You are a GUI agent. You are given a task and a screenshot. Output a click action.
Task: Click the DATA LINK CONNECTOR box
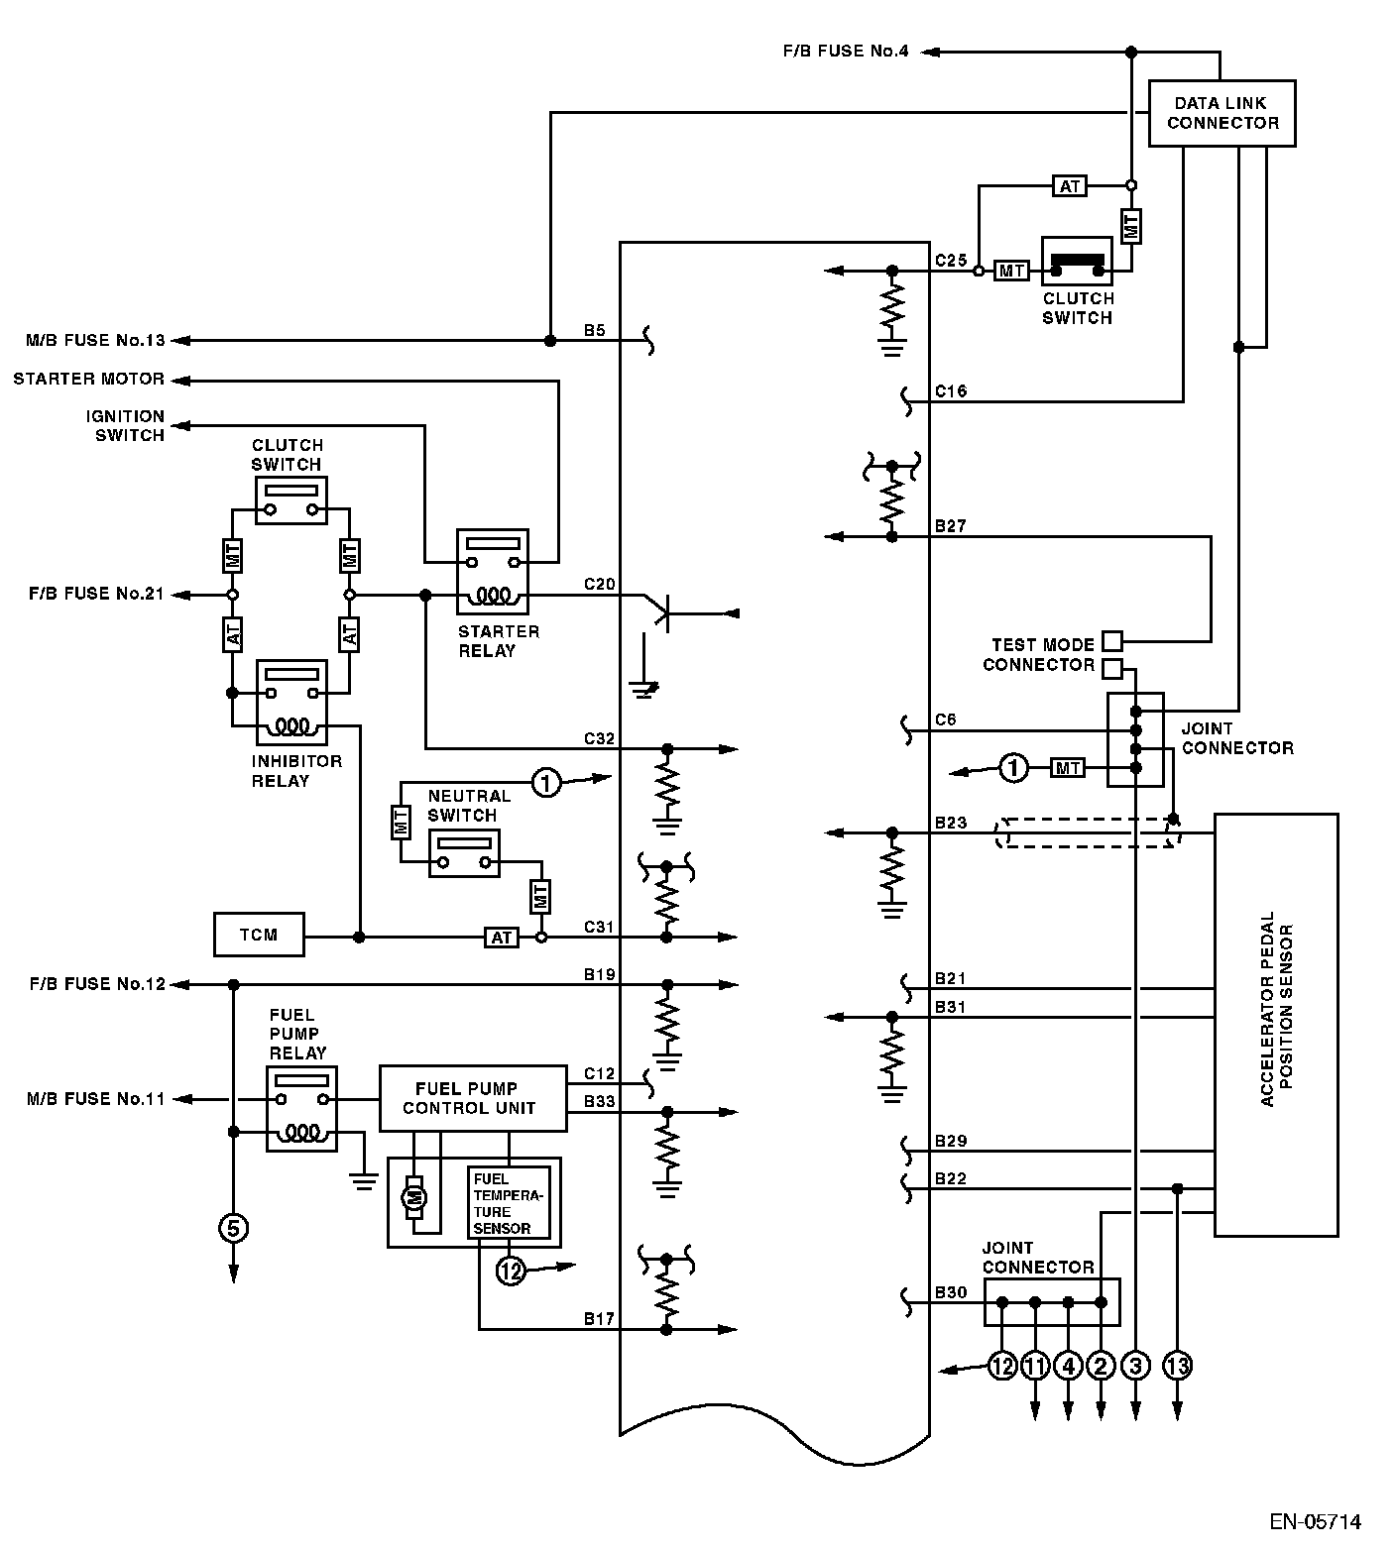[x=1221, y=114]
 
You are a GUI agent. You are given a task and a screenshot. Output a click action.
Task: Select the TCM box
[x=259, y=935]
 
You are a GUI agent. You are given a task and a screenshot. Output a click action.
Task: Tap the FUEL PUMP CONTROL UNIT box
[x=473, y=1098]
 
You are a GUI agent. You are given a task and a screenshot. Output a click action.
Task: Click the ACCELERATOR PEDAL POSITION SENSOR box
[x=1276, y=1024]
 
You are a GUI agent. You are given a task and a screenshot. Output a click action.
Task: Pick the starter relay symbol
[x=493, y=572]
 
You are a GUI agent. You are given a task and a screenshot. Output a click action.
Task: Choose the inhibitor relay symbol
[x=291, y=702]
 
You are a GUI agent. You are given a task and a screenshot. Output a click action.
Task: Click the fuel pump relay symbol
[x=301, y=1108]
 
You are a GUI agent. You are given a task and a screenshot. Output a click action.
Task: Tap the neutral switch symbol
[x=464, y=853]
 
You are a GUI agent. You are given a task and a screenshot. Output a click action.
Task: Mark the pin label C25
[x=951, y=261]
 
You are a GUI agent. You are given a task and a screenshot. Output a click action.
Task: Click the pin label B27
[x=951, y=526]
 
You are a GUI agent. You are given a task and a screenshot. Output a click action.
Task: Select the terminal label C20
[x=600, y=585]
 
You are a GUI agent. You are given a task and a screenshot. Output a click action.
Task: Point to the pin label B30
[x=951, y=1292]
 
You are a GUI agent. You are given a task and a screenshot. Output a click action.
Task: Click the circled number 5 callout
[x=234, y=1229]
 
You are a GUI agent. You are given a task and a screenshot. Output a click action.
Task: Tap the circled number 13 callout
[x=1177, y=1366]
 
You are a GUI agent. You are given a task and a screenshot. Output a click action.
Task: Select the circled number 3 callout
[x=1135, y=1366]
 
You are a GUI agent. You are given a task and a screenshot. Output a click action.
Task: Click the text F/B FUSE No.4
[x=845, y=51]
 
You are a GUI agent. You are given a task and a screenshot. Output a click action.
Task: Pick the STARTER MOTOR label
[x=89, y=379]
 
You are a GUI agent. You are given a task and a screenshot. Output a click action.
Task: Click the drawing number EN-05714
[x=1316, y=1521]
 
